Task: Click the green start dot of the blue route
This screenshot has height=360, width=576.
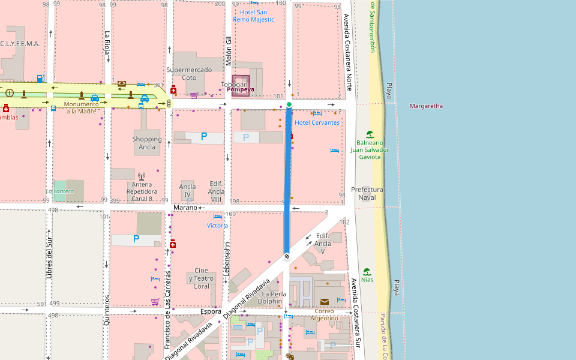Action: [289, 105]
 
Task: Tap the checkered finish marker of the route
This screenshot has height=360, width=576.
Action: [287, 257]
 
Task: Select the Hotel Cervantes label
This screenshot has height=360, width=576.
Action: [317, 122]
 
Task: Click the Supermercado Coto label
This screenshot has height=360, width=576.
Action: [189, 73]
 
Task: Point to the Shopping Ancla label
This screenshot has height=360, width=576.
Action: [147, 143]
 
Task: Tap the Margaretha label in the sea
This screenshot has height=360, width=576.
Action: [426, 106]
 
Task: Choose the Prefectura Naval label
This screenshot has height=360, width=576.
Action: [367, 193]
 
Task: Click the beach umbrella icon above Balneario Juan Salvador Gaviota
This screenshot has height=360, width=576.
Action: [370, 134]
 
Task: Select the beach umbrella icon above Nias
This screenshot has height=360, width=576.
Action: [367, 271]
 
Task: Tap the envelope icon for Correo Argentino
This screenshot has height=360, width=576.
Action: [325, 301]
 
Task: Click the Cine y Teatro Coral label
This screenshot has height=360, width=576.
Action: [201, 278]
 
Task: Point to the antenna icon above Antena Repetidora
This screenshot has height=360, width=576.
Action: [142, 176]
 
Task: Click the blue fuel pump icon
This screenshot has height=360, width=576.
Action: [40, 78]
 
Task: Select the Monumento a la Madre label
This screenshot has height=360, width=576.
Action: [81, 107]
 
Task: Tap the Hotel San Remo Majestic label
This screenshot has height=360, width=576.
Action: [257, 16]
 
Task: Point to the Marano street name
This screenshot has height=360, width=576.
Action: [185, 208]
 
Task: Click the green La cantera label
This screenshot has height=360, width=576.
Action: [60, 191]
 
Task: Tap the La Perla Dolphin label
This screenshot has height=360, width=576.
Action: [274, 298]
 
